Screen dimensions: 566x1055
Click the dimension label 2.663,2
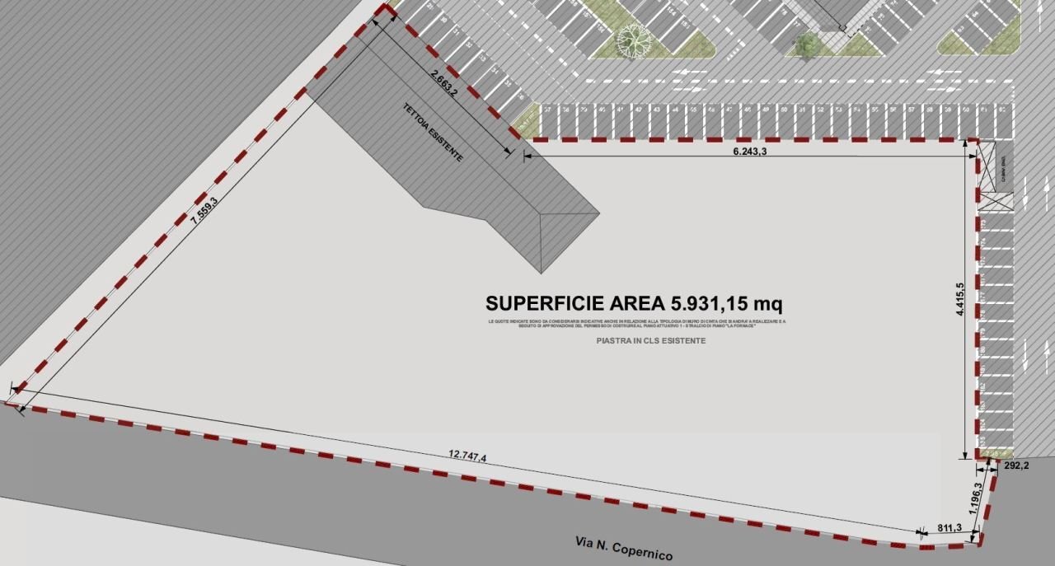coord(443,83)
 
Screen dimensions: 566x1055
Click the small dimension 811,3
coord(949,528)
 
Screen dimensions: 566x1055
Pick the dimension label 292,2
coord(1015,465)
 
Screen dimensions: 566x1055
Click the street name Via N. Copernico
coord(623,549)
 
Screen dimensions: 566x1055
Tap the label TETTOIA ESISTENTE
coord(432,132)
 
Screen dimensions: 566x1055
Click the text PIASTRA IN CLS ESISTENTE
coord(650,340)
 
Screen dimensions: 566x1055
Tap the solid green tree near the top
coord(807,44)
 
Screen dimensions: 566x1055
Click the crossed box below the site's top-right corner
coord(995,199)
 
